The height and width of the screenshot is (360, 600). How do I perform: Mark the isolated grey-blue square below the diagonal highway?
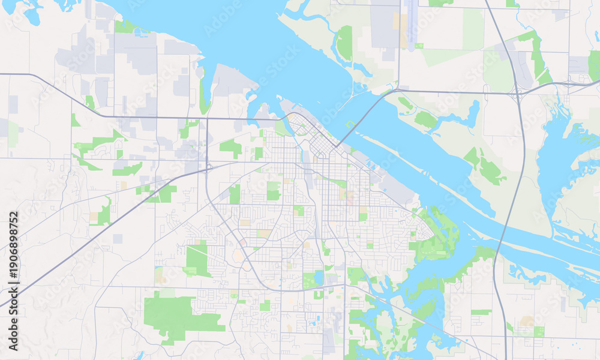click(118, 238)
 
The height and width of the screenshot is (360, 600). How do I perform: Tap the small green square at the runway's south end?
click(418, 46)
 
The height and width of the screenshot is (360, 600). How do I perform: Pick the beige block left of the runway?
click(397, 21)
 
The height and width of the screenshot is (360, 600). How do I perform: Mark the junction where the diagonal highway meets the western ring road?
click(206, 170)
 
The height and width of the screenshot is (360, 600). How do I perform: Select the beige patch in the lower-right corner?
click(527, 322)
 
